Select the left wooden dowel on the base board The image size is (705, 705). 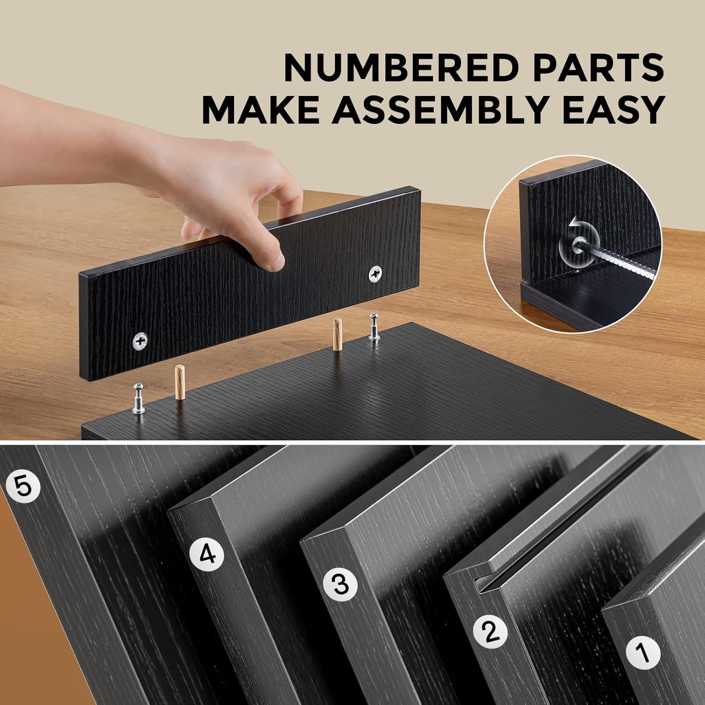coord(179,383)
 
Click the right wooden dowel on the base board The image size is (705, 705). coord(337,335)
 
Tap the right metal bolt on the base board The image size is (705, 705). coord(374,326)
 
